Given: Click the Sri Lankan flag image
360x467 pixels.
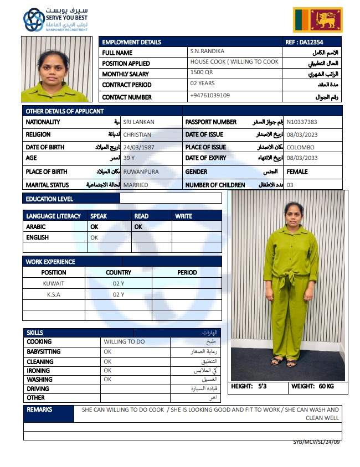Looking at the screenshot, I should (317, 20).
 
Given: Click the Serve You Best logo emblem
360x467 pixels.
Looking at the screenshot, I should (34, 20).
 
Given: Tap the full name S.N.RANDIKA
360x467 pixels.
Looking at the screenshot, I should (205, 51).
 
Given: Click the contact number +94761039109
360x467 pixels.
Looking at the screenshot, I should (210, 95).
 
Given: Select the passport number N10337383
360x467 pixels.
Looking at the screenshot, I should (302, 122).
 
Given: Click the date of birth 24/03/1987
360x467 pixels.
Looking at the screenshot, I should (141, 147).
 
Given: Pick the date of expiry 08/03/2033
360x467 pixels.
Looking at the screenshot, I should (302, 158).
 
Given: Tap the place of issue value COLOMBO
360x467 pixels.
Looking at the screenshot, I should (301, 147).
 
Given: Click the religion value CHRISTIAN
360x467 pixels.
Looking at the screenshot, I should (137, 134).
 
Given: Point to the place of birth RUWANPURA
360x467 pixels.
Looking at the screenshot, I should (141, 172).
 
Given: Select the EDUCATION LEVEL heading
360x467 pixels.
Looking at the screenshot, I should (49, 199).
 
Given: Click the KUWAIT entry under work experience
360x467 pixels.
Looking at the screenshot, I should (54, 283).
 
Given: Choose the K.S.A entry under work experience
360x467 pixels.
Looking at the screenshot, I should (54, 294).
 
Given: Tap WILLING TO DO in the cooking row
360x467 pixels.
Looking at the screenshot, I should (124, 341).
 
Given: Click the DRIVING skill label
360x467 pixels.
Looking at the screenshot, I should (38, 388).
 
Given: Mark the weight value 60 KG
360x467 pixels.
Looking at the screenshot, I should (326, 386).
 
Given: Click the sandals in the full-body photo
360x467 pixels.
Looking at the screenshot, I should (283, 362).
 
